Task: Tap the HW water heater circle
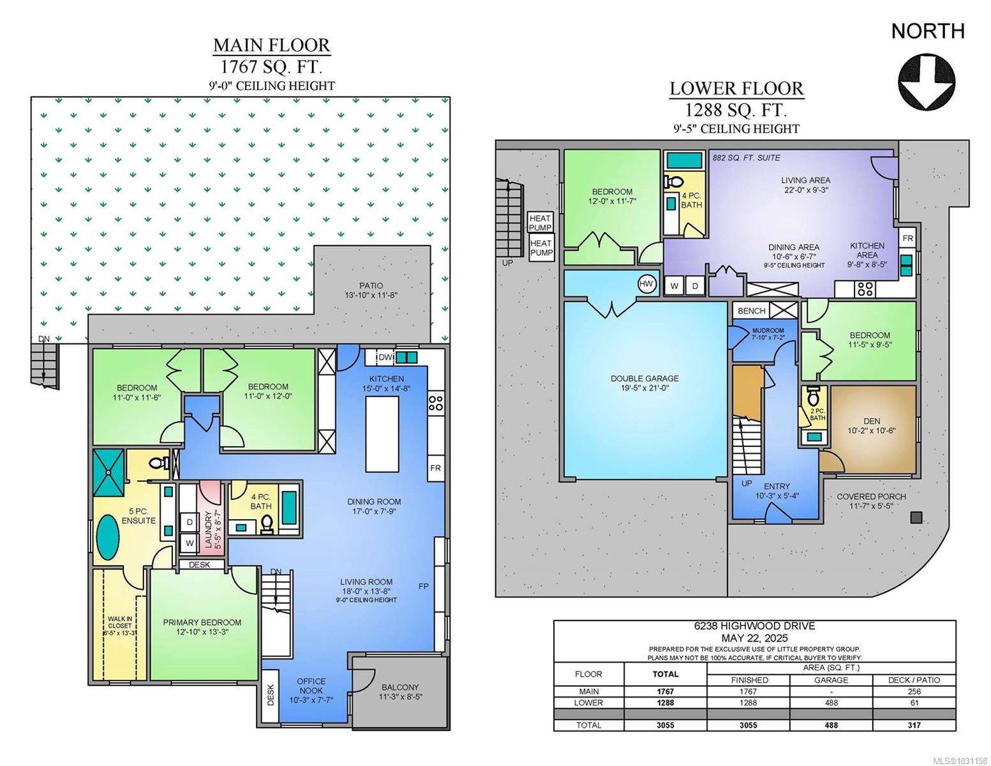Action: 646,284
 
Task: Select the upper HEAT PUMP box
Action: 541,223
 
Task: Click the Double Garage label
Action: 645,383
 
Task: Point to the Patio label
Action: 371,290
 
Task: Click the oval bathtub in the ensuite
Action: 108,537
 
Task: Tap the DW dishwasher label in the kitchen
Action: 385,357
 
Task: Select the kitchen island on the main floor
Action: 382,434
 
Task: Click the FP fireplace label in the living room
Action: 423,586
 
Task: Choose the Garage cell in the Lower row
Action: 831,703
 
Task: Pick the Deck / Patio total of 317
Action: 914,725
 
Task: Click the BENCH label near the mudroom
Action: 751,311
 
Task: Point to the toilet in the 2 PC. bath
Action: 813,397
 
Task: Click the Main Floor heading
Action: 272,45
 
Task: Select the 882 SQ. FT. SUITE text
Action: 747,158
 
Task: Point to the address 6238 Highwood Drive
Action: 754,626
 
